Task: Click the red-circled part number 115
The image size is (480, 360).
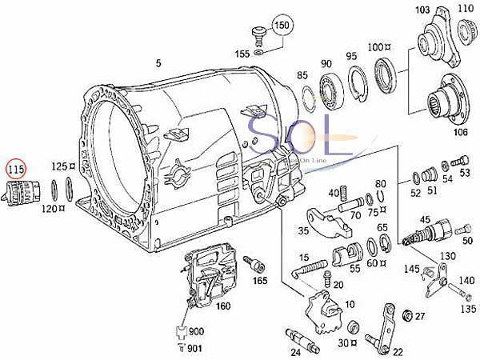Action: tap(16, 169)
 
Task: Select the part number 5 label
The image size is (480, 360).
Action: tap(158, 63)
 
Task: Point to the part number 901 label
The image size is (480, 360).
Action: tap(196, 346)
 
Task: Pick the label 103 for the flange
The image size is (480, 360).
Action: tap(422, 9)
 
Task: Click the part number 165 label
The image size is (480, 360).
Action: tap(262, 282)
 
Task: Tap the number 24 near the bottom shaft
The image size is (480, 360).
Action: tap(294, 350)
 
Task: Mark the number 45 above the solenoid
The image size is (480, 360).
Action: tap(424, 218)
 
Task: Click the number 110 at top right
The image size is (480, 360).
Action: tap(464, 10)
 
